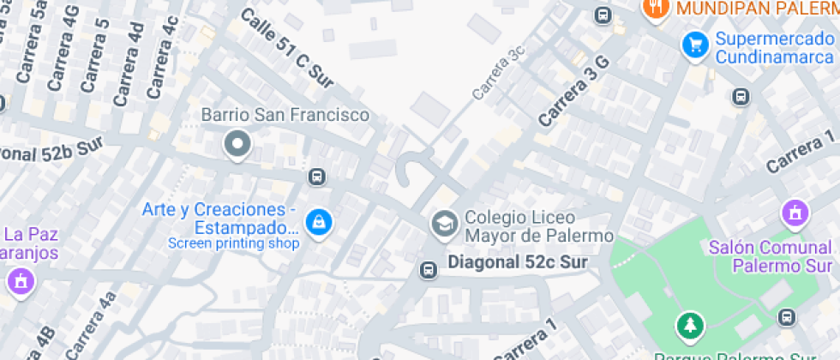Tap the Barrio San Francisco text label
point(285,115)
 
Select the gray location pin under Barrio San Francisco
point(237,144)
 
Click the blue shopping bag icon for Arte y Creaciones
point(319,222)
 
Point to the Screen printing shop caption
point(233,243)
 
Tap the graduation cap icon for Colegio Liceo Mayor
point(444,225)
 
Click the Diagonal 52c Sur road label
point(518,263)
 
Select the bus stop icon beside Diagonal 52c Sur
point(427,270)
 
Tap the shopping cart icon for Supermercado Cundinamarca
point(693,45)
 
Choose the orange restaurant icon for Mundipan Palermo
point(656,9)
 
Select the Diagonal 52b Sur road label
point(51,151)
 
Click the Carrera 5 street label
point(95,54)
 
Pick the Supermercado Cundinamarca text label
point(774,48)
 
